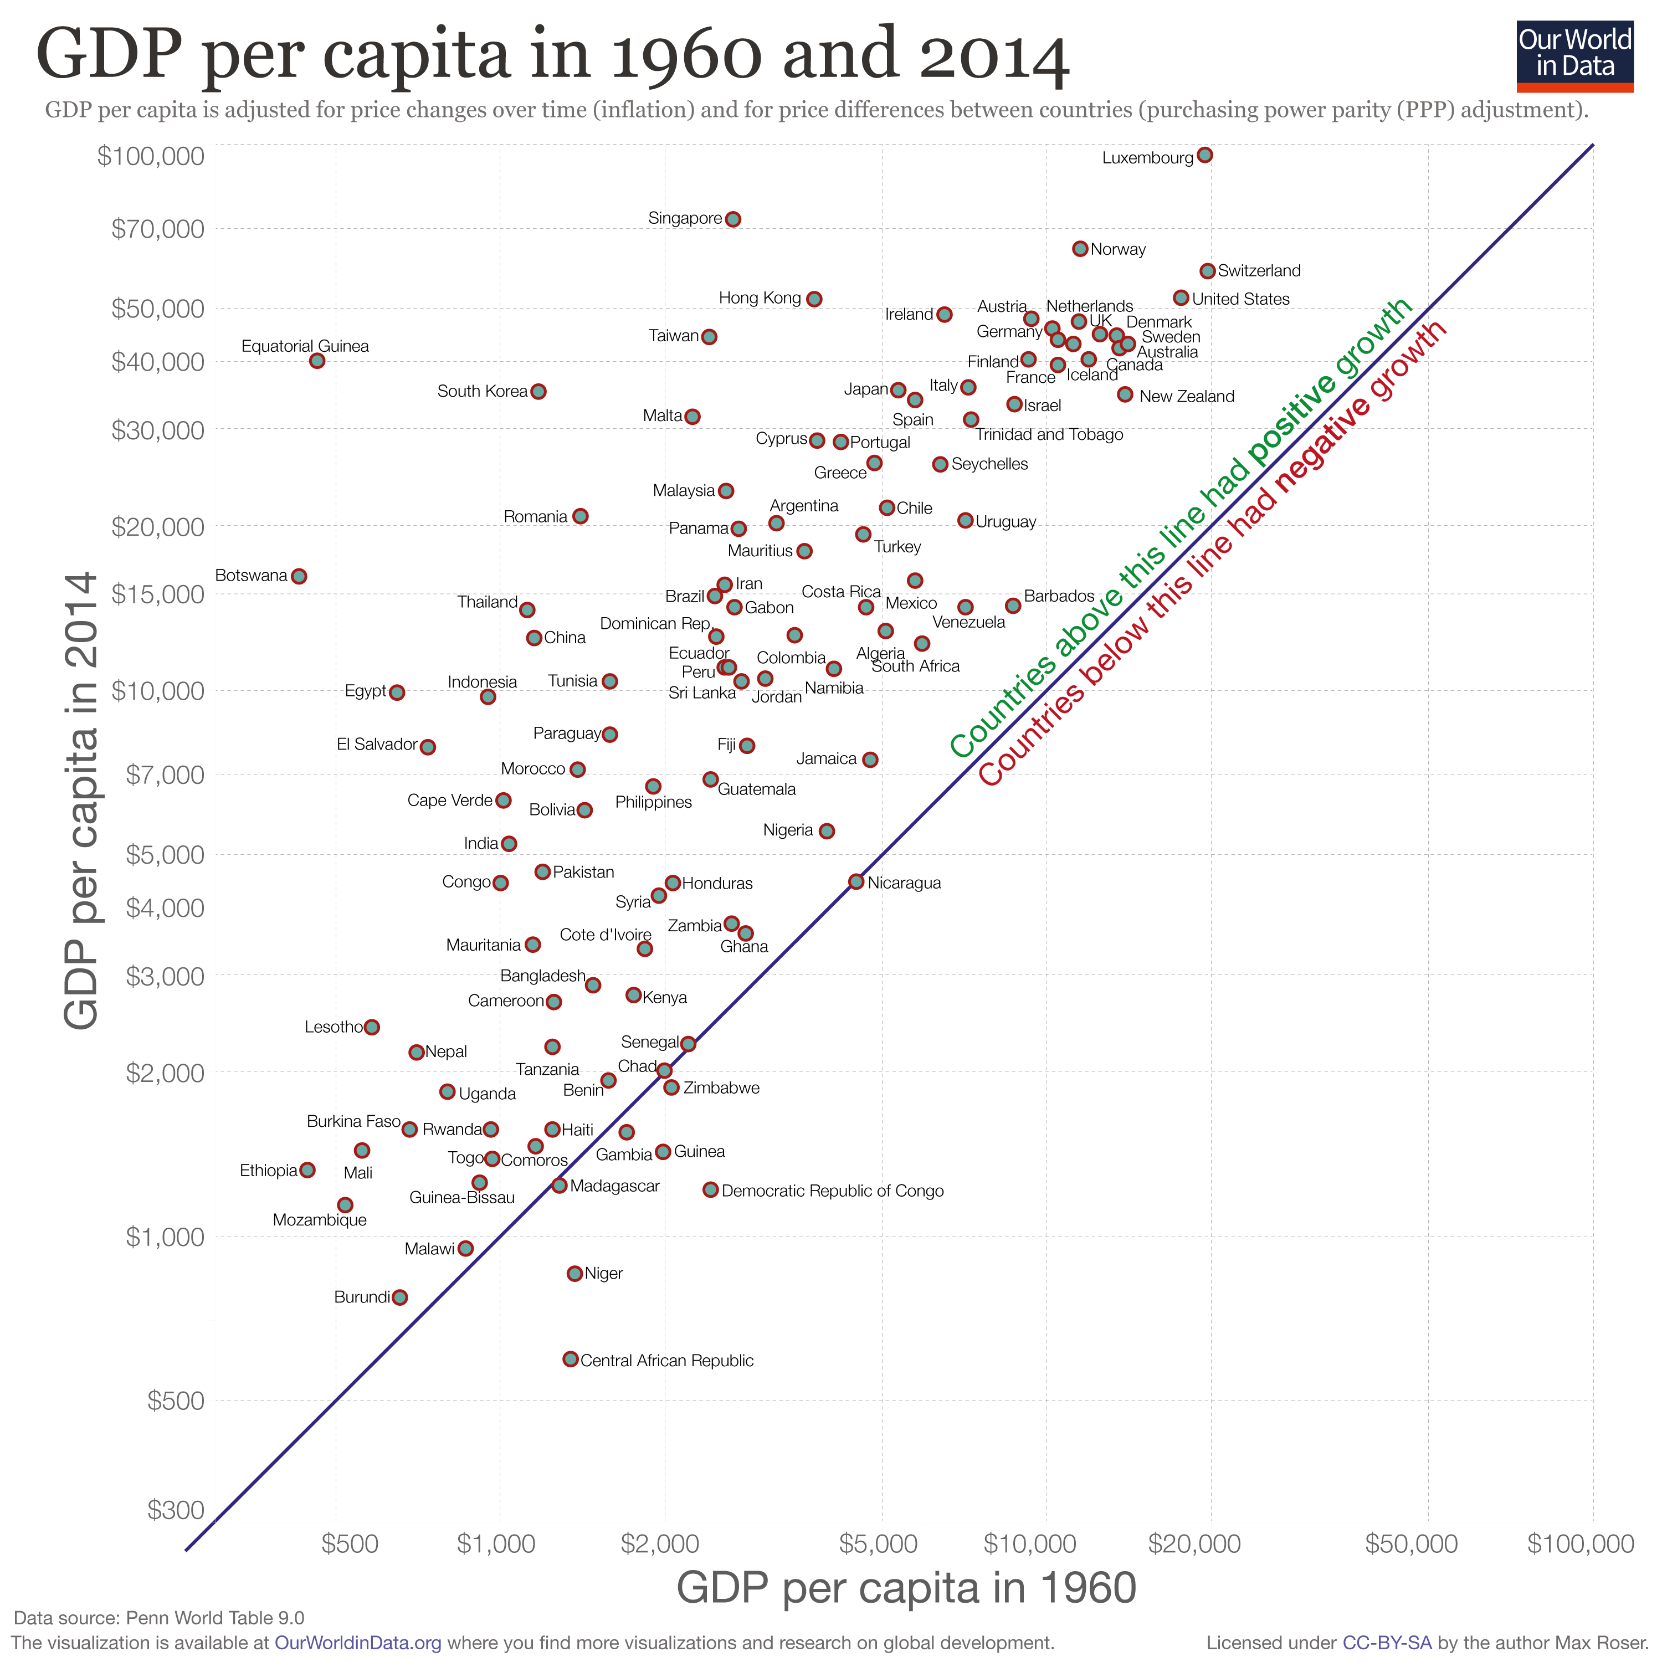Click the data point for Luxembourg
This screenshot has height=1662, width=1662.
point(1204,155)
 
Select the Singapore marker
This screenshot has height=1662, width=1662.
point(733,219)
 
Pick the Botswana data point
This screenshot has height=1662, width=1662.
point(299,576)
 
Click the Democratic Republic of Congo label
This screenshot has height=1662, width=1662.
point(832,1191)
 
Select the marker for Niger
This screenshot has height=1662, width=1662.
point(574,1273)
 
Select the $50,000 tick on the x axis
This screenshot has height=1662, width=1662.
point(1411,1544)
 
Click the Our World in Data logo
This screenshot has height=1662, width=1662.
point(1574,56)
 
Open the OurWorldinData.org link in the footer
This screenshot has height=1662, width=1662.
point(358,1643)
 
